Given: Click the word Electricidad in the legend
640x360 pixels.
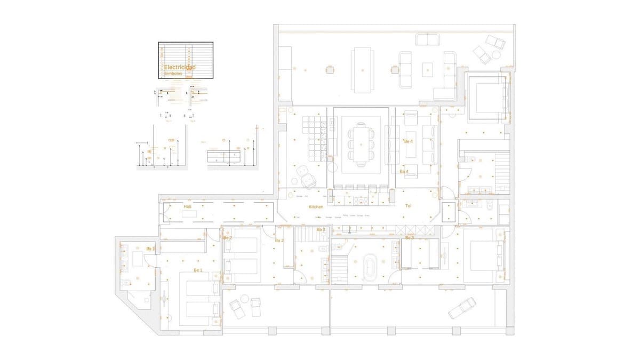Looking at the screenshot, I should [x=179, y=68].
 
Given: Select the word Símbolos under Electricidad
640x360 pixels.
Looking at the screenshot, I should [x=173, y=74].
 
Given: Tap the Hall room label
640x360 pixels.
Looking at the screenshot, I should [x=187, y=206].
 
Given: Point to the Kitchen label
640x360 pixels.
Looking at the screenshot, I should [x=316, y=206].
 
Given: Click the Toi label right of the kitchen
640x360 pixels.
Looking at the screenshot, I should [x=409, y=206].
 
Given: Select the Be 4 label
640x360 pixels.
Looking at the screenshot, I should [x=409, y=141].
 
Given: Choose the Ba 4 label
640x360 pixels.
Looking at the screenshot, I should [x=404, y=172].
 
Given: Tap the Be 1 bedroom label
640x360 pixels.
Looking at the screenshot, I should [x=198, y=270].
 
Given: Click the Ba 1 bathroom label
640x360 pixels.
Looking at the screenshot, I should [x=150, y=249].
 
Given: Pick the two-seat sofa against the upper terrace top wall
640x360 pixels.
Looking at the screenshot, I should [x=427, y=39].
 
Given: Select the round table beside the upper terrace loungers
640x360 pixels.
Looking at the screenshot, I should [x=497, y=54].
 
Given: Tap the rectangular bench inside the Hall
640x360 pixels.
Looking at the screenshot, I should [x=190, y=213].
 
